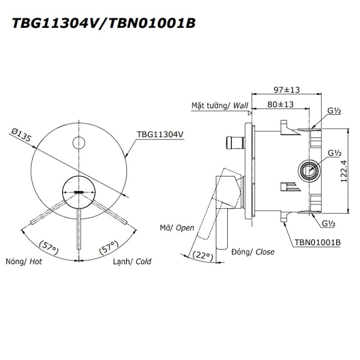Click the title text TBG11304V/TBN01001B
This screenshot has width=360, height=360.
[104, 23]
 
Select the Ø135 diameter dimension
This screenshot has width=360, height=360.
[21, 135]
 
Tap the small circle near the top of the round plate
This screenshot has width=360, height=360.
[79, 143]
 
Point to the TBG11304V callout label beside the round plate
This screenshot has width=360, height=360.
[160, 134]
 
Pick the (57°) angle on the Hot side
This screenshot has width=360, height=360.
[49, 247]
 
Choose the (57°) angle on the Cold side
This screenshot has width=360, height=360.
[109, 247]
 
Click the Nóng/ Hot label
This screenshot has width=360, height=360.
[24, 261]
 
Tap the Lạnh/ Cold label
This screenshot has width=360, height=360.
[132, 261]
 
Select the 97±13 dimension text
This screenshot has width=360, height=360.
[287, 90]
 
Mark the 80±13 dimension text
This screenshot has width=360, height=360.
[280, 104]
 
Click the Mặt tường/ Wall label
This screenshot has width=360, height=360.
[220, 106]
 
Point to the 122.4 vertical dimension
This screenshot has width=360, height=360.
[344, 171]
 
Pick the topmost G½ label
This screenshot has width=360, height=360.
[334, 111]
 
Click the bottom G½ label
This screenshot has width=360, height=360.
[328, 223]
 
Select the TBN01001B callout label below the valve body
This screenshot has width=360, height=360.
[318, 242]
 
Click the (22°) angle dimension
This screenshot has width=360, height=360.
[203, 255]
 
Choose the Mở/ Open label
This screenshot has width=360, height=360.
[177, 228]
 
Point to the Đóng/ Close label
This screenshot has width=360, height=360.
[253, 252]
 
